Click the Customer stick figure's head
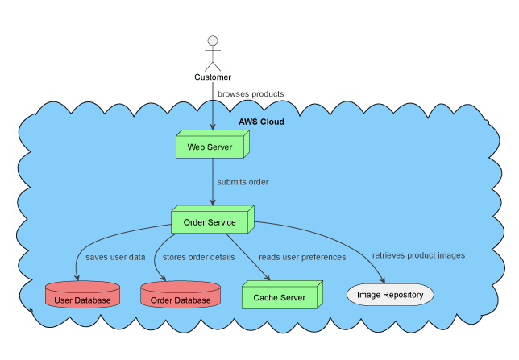(213, 41)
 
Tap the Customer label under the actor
(213, 77)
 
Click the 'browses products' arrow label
(251, 94)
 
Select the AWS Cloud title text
(261, 122)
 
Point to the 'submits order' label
(243, 182)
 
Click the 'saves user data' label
(115, 258)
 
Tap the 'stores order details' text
(199, 258)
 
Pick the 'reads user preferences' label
(302, 258)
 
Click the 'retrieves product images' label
(418, 255)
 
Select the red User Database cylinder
(82, 296)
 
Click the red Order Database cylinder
(181, 296)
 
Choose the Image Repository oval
(390, 295)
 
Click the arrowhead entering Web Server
(213, 127)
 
